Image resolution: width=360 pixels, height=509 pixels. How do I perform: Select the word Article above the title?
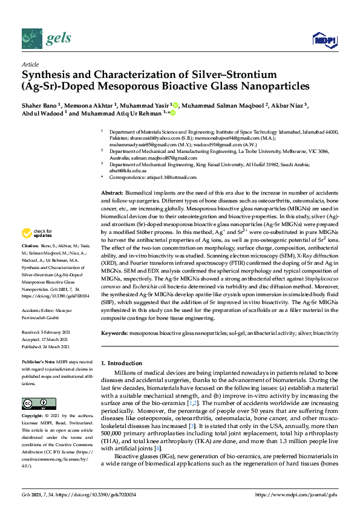click(30, 64)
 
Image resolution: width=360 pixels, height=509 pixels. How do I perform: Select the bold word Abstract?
click(112, 192)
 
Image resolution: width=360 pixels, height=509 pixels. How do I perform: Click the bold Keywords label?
click(114, 333)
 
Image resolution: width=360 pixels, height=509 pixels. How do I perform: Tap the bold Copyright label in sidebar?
click(33, 417)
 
